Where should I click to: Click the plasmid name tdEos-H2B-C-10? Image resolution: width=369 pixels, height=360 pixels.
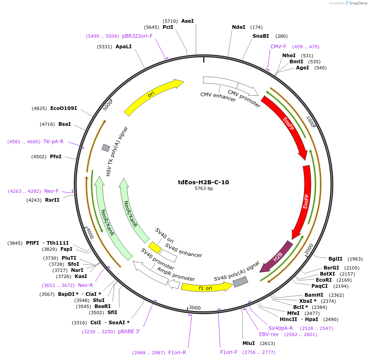tap(203, 182)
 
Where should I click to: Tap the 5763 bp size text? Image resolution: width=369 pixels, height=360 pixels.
tap(203, 189)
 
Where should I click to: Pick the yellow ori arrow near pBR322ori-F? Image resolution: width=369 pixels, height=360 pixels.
tap(152, 96)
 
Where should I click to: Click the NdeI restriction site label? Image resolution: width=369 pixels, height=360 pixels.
tap(238, 27)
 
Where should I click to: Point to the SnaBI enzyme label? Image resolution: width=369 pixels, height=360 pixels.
tap(261, 36)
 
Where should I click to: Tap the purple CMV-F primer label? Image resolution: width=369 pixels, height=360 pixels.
tap(278, 47)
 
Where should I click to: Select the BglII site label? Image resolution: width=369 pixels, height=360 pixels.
tap(335, 259)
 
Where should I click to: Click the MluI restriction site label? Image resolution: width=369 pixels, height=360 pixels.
tap(248, 343)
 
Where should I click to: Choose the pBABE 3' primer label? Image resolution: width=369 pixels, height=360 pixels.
tap(129, 332)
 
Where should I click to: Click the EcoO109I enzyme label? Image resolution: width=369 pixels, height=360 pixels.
tap(63, 108)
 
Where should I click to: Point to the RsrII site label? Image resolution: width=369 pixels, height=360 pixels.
tap(52, 200)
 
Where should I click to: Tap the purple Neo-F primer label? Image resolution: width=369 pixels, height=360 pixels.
tap(51, 191)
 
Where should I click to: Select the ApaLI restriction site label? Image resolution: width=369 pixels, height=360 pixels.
tap(124, 47)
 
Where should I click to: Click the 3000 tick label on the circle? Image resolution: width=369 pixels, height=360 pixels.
tap(195, 308)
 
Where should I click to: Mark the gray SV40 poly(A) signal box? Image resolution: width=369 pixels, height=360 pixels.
tap(240, 281)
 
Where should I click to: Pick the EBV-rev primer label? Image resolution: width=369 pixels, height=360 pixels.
tap(269, 334)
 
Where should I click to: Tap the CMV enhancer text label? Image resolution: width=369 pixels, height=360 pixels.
tap(218, 97)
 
